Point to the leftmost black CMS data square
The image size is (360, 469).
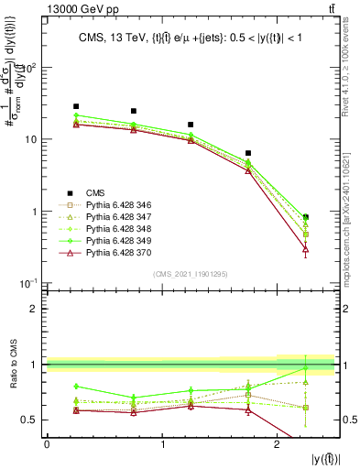(x=76, y=106)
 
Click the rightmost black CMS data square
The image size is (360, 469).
(x=306, y=217)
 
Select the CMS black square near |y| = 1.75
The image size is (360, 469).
(x=248, y=153)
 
